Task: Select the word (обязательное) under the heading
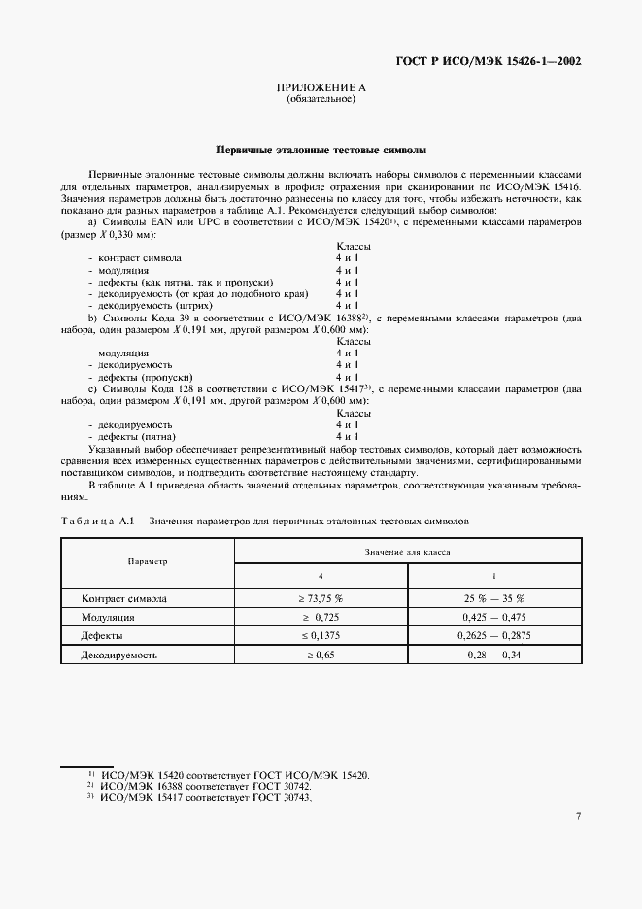click(321, 99)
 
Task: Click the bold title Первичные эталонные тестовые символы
click(321, 151)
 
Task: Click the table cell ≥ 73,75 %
click(321, 598)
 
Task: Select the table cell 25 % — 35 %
click(493, 598)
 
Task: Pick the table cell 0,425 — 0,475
click(493, 617)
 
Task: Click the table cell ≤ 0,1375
click(321, 635)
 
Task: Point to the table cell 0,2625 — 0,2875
click(493, 635)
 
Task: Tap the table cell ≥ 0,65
click(321, 655)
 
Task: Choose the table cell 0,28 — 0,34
click(493, 655)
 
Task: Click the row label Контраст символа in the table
click(124, 598)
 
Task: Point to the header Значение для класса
click(407, 551)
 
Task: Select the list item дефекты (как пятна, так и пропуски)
click(167, 282)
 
